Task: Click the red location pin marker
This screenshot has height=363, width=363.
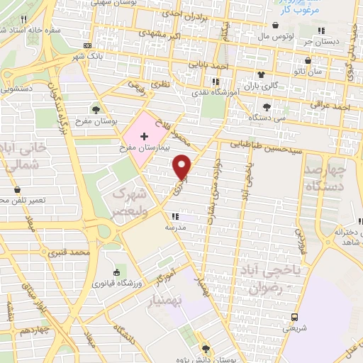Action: [x=183, y=166]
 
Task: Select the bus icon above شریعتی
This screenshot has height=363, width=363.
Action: [x=294, y=316]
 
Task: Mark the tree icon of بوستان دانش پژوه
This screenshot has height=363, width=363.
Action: [x=205, y=348]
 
